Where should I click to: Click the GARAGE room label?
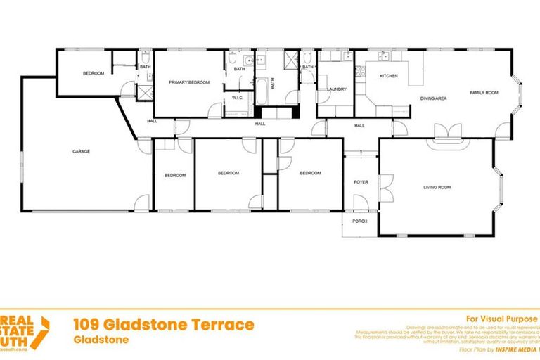(x=82, y=151)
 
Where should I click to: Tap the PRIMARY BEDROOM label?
(x=189, y=82)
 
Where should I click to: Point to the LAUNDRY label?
(x=337, y=89)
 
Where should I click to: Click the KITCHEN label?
(x=389, y=75)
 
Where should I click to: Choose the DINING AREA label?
(x=433, y=98)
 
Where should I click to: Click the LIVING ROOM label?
(x=437, y=188)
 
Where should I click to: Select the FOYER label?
(x=361, y=182)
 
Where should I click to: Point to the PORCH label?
(x=360, y=221)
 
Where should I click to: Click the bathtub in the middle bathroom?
(x=260, y=92)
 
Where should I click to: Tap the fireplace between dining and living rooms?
(x=445, y=133)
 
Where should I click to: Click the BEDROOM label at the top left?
(x=94, y=74)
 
